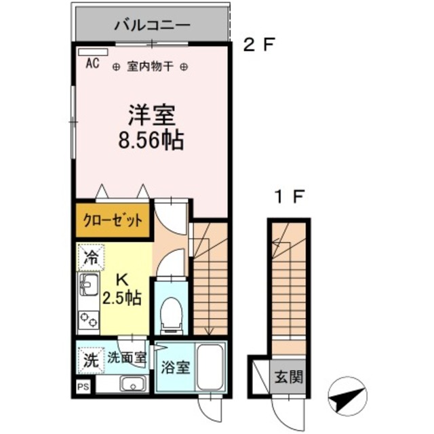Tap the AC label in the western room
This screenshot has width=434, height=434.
[x=92, y=65]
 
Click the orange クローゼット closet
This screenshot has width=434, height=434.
[x=113, y=220]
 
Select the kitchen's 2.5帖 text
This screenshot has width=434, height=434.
[x=123, y=298]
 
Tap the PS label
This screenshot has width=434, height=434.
[x=82, y=389]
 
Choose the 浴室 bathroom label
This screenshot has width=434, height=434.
[x=175, y=369]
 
